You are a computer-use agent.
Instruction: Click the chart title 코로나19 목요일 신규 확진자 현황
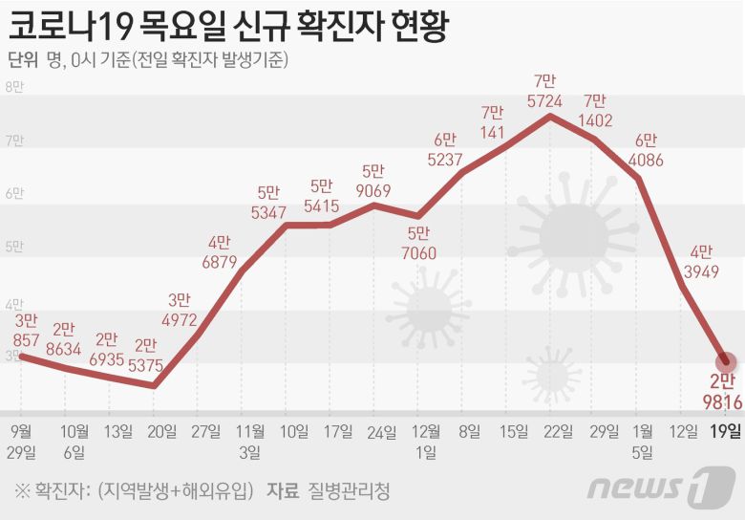[x=228, y=26]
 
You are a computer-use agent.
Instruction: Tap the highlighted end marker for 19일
[x=727, y=362]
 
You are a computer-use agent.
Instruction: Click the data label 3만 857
[x=27, y=329]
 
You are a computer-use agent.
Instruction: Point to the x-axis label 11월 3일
[x=250, y=441]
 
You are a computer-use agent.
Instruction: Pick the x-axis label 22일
[x=549, y=431]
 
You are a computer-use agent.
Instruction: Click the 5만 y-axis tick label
[x=15, y=248]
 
